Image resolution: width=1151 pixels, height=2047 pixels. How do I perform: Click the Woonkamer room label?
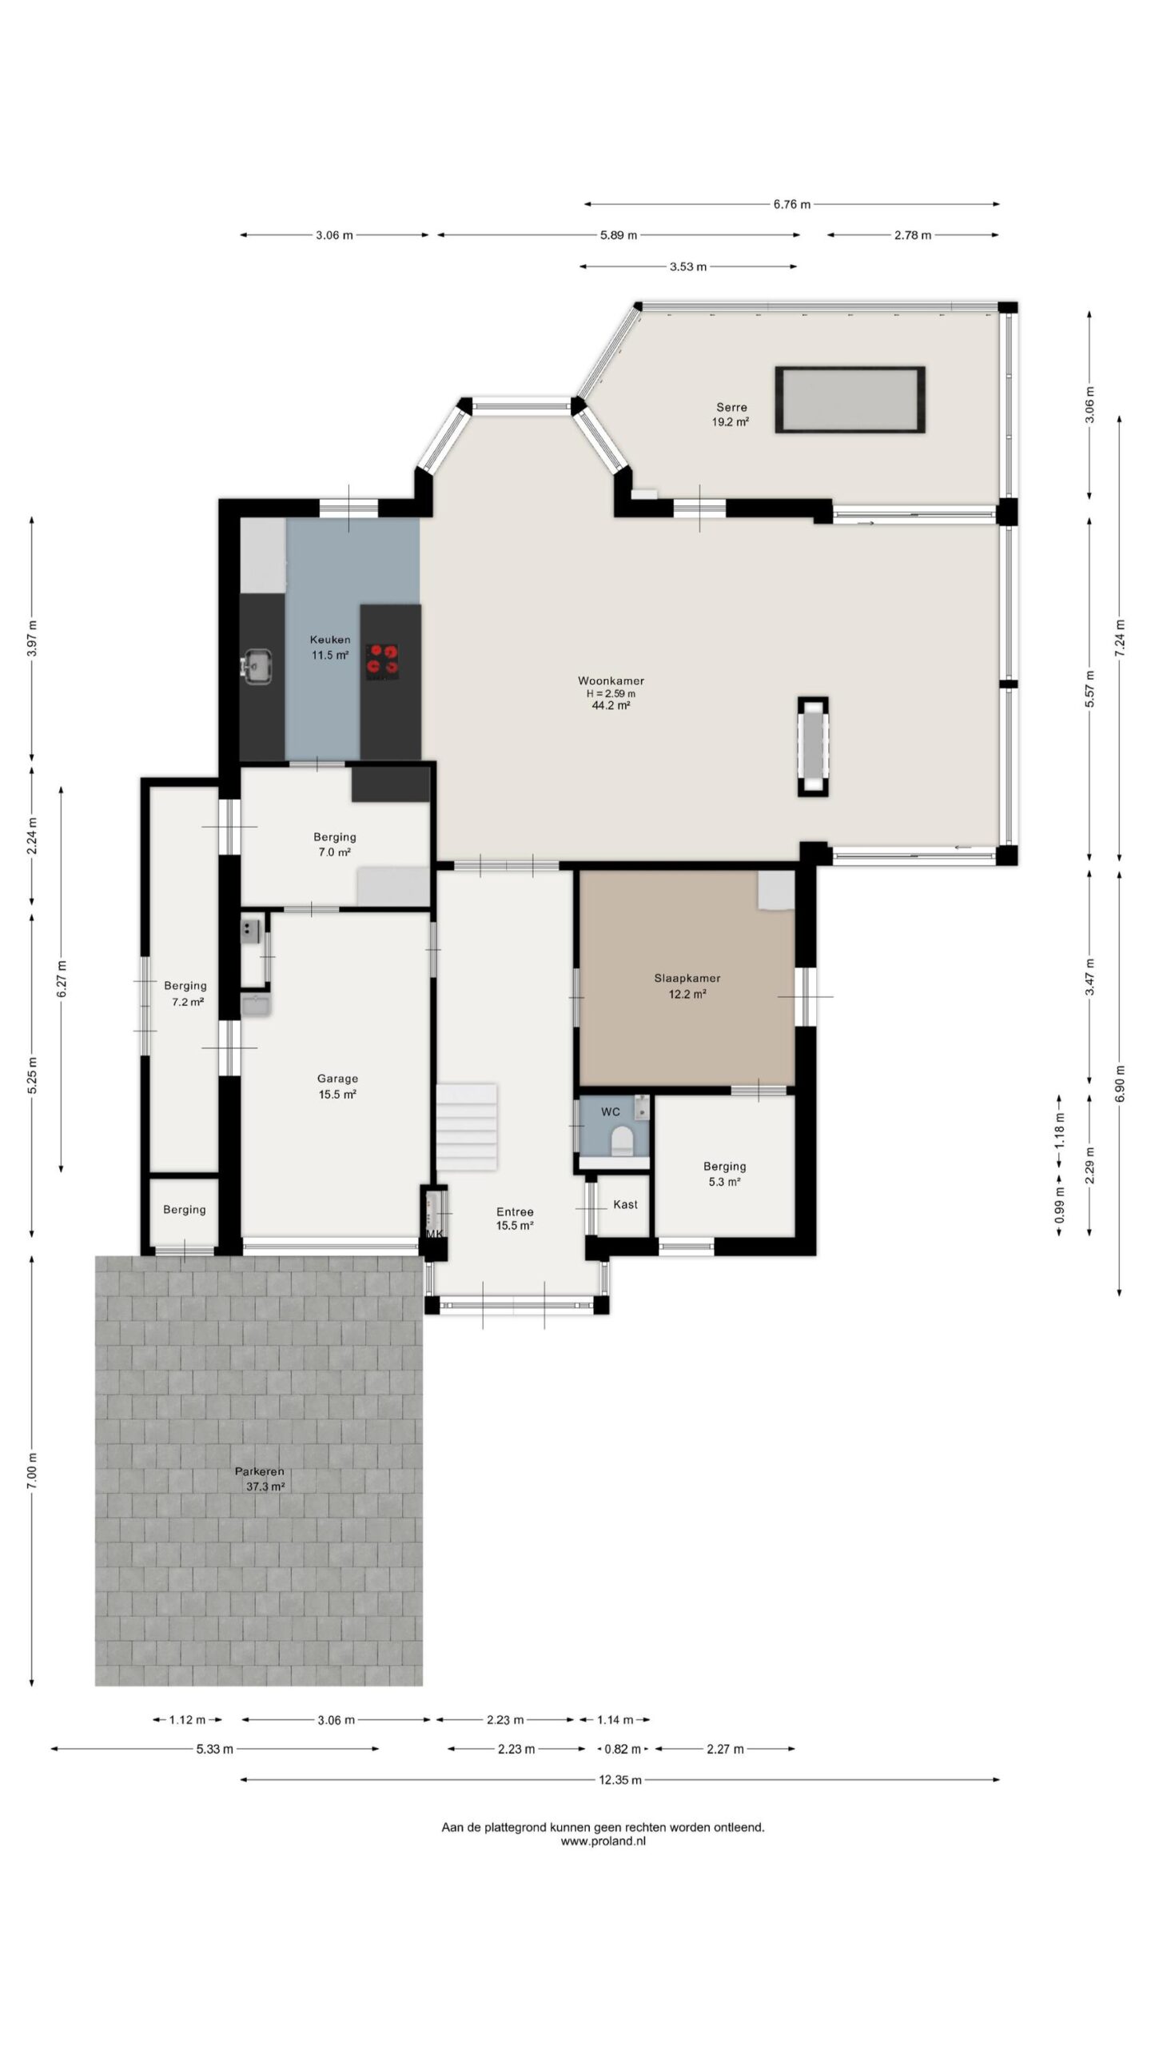(x=611, y=681)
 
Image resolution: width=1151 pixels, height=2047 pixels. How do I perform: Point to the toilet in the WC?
(x=620, y=1142)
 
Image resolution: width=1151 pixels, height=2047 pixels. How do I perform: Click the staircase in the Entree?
(x=466, y=1127)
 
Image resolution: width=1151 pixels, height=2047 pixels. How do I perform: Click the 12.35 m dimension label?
(x=620, y=1780)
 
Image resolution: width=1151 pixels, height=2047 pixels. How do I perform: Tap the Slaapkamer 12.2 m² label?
(x=687, y=986)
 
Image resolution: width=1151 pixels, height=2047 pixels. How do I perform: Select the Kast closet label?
(x=625, y=1204)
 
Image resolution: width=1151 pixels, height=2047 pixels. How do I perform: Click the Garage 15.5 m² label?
(x=337, y=1087)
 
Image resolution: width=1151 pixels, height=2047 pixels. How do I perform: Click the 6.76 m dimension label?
(x=791, y=205)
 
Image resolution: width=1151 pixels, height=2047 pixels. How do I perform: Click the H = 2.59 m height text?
(x=611, y=693)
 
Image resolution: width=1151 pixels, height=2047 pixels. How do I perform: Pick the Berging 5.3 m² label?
(x=724, y=1174)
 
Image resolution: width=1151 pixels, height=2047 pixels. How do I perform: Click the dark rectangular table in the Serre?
(x=850, y=400)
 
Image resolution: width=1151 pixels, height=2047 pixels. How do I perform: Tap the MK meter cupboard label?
(x=434, y=1234)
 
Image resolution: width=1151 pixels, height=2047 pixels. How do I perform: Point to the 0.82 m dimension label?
(x=622, y=1749)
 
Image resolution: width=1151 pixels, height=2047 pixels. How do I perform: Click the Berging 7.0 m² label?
(x=334, y=844)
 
